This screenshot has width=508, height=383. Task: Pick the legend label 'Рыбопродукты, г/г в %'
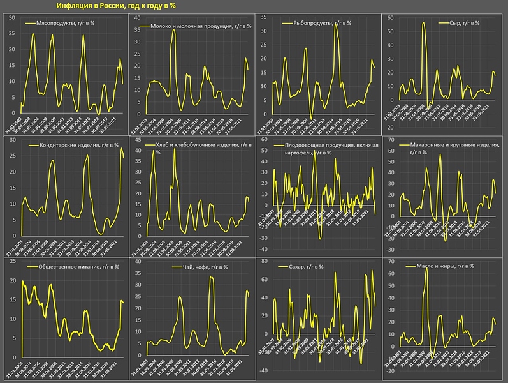coord(321,23)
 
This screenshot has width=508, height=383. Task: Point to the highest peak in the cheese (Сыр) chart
coord(424,23)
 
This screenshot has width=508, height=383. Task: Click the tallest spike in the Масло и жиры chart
coord(426,269)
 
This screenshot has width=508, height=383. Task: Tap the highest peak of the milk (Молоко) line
coord(173,30)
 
